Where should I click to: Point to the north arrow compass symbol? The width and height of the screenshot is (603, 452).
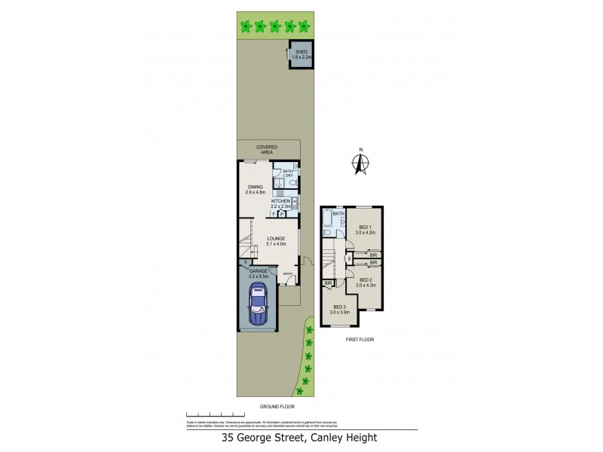[361, 161]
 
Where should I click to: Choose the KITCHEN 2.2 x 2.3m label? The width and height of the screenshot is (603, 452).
[282, 203]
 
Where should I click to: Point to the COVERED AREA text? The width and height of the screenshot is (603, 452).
[267, 149]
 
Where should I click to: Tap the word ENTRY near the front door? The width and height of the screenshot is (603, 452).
[286, 274]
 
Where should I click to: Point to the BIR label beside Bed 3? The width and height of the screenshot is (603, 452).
[329, 283]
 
